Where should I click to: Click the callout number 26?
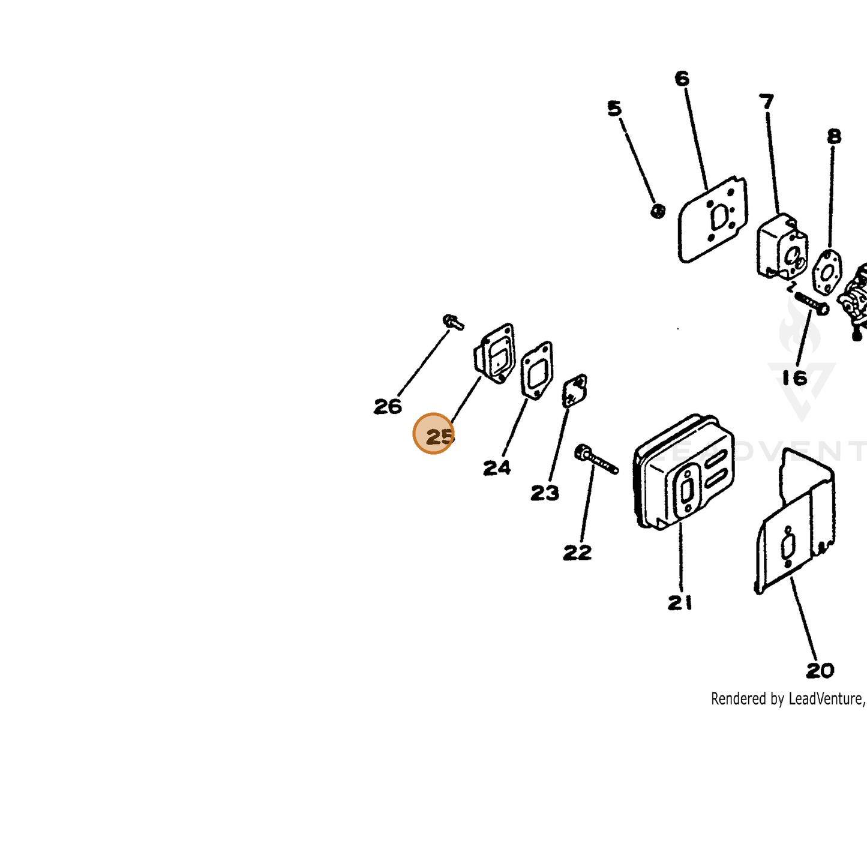coord(388,406)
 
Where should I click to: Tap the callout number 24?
coord(497,468)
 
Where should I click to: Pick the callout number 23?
coord(545,493)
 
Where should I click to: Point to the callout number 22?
coord(578,552)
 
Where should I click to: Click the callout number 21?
coord(680,602)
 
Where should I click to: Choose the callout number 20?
coord(820,671)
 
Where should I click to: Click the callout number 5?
coord(614,109)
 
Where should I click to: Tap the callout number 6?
coord(682,79)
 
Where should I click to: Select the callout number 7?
coord(766,101)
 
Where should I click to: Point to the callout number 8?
coord(834,136)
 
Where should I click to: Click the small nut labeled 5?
coord(658,211)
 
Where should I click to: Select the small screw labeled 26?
coord(453,322)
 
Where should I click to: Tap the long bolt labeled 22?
coord(596,459)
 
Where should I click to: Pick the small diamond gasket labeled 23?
coord(575,391)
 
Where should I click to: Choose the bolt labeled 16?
coord(812,303)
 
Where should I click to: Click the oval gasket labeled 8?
coord(827,272)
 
